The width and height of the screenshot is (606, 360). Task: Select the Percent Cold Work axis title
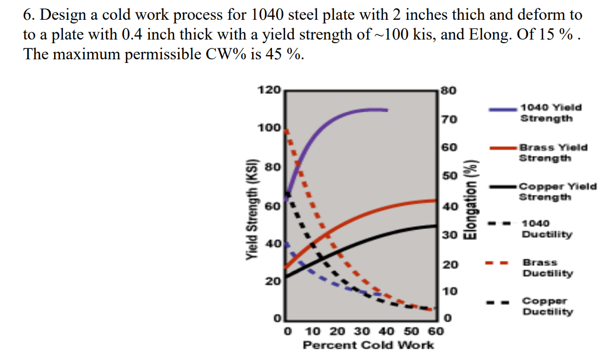[x=368, y=345]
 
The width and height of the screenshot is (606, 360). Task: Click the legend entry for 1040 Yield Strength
[x=551, y=113]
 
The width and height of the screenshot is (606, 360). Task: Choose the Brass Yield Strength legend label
[x=553, y=152]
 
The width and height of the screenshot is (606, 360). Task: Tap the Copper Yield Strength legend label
[x=558, y=191]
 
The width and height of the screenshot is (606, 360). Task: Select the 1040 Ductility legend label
[x=546, y=229]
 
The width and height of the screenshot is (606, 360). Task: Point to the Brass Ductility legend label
[x=547, y=268]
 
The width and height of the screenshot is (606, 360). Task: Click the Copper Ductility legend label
[x=548, y=306]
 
